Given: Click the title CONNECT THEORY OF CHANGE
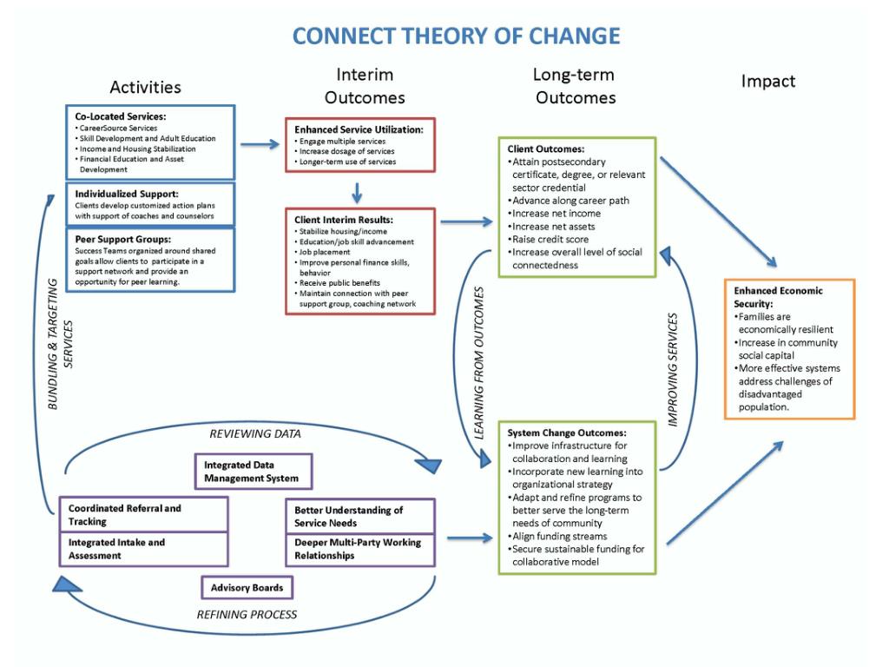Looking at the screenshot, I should tap(456, 36).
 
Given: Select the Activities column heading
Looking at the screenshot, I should tap(145, 87).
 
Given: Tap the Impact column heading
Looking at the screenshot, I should tap(767, 81).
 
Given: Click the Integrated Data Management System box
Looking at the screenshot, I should tap(251, 472).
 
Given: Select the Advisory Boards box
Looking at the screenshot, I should tap(247, 588).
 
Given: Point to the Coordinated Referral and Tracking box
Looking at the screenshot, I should tap(143, 514).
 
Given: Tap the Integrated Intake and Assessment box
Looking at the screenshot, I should tap(143, 549).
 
